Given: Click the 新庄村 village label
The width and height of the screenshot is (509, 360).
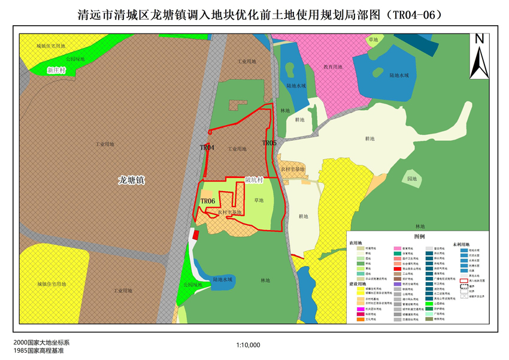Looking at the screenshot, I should coord(54,70).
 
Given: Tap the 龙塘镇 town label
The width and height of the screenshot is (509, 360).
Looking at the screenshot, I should coord(132,179).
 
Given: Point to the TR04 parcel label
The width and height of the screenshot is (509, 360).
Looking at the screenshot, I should coord(207,147).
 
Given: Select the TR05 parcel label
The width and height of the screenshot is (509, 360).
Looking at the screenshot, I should coord(269,143).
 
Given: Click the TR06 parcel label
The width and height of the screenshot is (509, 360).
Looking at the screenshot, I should coord(208,201).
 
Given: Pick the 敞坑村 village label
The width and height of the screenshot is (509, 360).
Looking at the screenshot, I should coord(254,180).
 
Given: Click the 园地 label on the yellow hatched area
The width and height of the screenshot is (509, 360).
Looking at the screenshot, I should coord(412,179).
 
